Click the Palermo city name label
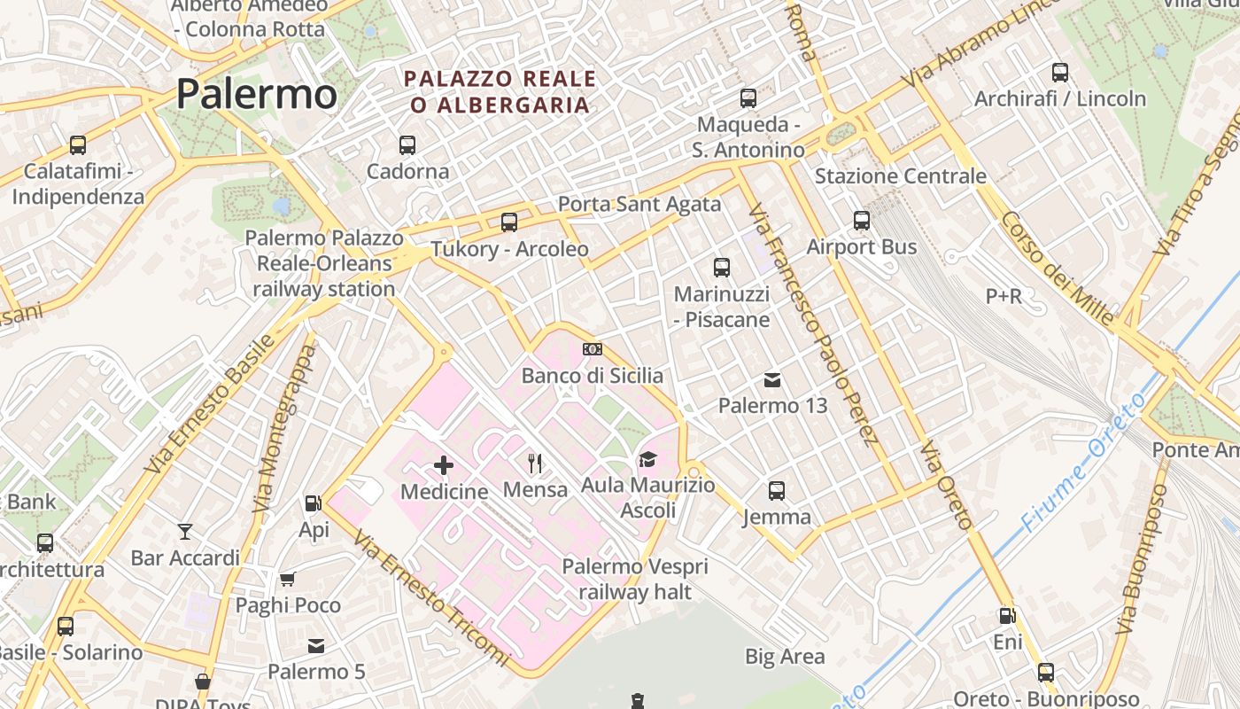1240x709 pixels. tap(257, 93)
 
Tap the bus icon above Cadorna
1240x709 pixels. tap(407, 144)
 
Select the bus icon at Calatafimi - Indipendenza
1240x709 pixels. tap(78, 144)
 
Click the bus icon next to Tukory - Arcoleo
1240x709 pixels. tap(509, 222)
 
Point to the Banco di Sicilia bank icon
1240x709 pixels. tap(593, 349)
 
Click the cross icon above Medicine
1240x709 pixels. tap(444, 464)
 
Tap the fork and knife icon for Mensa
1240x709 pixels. tap(535, 463)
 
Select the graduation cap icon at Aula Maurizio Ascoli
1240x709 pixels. tap(647, 459)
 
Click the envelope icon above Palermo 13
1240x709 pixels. tap(772, 380)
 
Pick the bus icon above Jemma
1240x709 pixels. tap(777, 490)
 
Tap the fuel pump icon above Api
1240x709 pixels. tap(314, 503)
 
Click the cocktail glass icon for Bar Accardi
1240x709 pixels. tap(185, 532)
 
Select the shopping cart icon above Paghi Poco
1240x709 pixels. tap(288, 580)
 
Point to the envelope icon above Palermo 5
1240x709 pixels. tap(316, 646)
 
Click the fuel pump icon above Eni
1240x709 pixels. tap(1007, 615)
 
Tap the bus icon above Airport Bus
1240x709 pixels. tap(862, 221)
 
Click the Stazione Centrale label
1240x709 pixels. tap(900, 175)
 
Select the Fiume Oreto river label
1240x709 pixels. tap(1082, 462)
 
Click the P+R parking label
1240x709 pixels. tap(1004, 296)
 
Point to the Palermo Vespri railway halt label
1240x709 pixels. tap(635, 579)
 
